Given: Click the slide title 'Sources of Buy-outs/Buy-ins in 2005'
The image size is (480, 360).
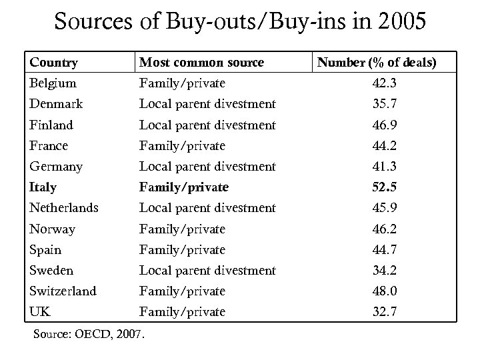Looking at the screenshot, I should (239, 22).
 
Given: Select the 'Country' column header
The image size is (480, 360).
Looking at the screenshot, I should (53, 63).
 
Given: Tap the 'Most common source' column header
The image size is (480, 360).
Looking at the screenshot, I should (201, 63).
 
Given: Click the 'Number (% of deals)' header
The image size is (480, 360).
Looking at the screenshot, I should (377, 63).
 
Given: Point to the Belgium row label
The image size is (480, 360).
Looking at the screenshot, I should (53, 83).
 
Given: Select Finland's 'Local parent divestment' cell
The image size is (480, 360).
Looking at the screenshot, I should (207, 125).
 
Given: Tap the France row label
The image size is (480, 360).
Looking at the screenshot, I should (49, 145).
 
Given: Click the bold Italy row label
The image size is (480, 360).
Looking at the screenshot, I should (43, 187).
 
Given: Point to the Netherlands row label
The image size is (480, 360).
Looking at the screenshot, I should (63, 208).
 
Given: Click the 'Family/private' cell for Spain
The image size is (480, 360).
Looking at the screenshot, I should (182, 249).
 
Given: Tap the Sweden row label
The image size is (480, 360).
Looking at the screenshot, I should (51, 270).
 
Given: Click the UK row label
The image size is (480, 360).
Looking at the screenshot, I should (40, 311).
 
